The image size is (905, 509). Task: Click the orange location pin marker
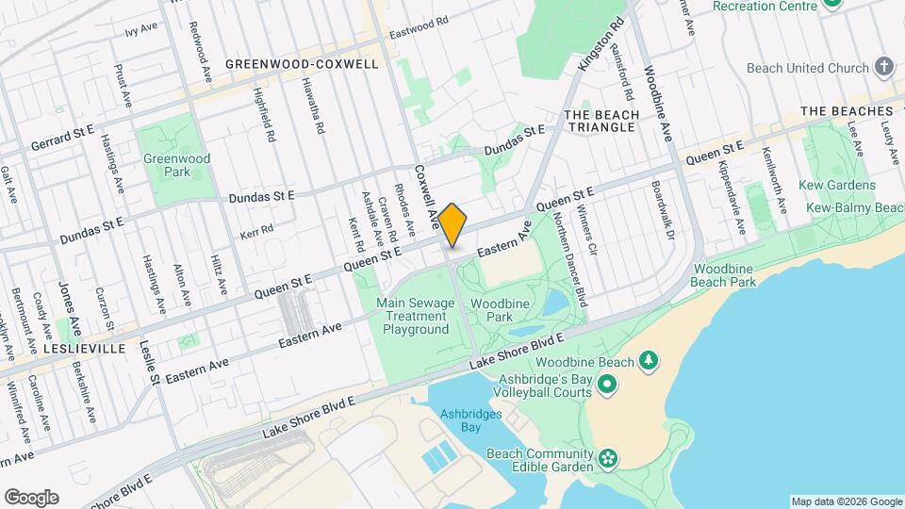pyautogui.click(x=452, y=224)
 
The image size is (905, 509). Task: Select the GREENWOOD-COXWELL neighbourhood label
pyautogui.click(x=302, y=64)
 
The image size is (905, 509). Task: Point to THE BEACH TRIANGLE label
pyautogui.click(x=601, y=122)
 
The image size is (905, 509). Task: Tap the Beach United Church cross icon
pyautogui.click(x=883, y=67)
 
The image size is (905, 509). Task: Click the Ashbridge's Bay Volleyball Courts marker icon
pyautogui.click(x=607, y=385)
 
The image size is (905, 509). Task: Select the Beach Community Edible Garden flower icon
pyautogui.click(x=608, y=459)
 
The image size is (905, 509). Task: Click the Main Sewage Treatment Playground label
pyautogui.click(x=416, y=316)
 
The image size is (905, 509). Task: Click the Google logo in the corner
pyautogui.click(x=31, y=498)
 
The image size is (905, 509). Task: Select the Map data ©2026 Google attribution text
pyautogui.click(x=846, y=501)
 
